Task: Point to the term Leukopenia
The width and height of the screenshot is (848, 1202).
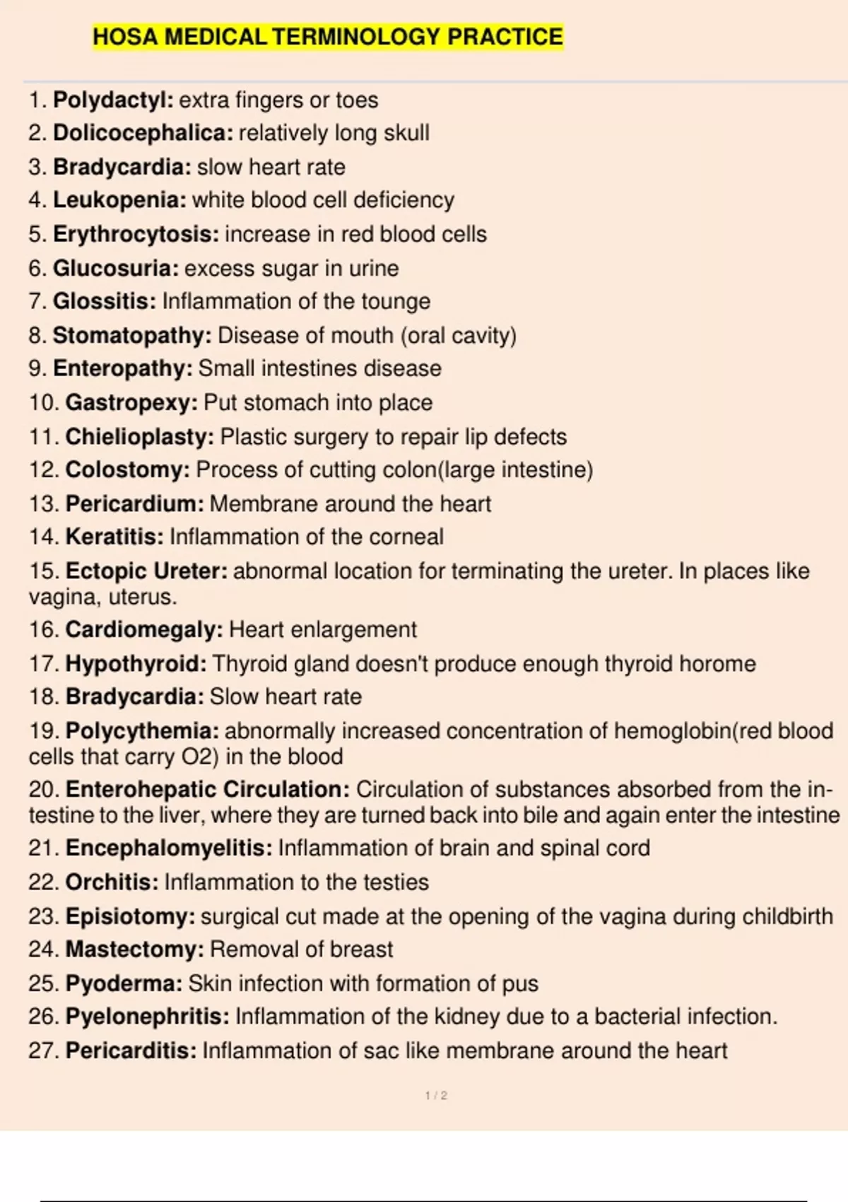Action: [119, 200]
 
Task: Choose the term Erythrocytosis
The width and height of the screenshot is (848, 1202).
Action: [136, 234]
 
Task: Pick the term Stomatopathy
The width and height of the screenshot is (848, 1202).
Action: [132, 335]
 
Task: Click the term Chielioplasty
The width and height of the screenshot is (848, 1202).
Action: [139, 437]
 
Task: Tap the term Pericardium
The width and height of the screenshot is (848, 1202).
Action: [134, 504]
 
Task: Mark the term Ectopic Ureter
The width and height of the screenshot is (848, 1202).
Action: [146, 571]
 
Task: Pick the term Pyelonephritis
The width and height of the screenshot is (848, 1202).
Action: [147, 1017]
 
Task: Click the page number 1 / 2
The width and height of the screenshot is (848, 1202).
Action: [436, 1096]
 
